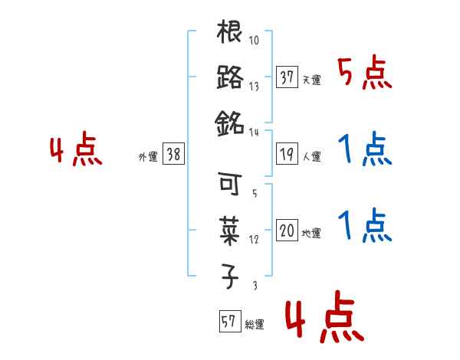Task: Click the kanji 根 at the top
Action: click(x=230, y=35)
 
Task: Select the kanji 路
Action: click(x=230, y=79)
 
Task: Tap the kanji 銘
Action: click(x=230, y=123)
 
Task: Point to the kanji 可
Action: click(x=230, y=185)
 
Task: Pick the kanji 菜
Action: click(x=230, y=228)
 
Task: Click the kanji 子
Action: click(x=230, y=273)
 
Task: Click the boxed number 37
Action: click(x=287, y=78)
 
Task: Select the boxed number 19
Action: click(x=287, y=154)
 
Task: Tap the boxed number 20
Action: click(x=287, y=231)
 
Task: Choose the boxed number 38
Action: click(x=172, y=154)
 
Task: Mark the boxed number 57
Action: click(x=228, y=322)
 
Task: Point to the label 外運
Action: click(x=147, y=156)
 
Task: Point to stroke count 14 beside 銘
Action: click(x=254, y=132)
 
